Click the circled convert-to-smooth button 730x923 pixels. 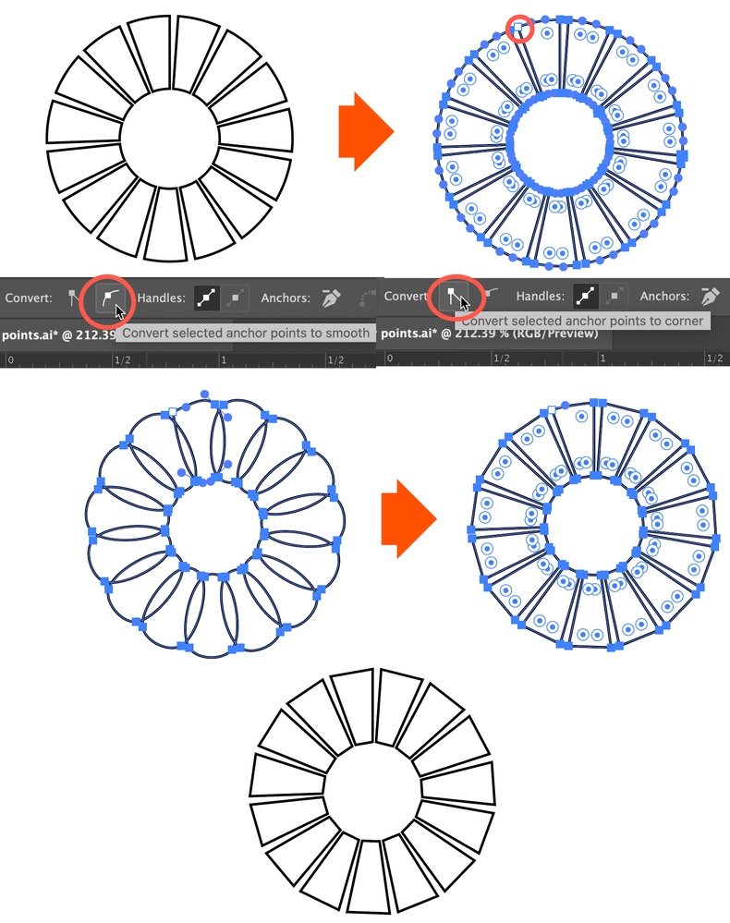108,298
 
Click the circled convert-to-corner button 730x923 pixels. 452,296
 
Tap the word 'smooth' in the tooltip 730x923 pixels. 347,334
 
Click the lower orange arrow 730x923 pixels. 408,518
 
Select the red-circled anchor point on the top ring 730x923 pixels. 518,28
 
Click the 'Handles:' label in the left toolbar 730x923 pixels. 162,298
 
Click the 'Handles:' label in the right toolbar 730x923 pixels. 541,296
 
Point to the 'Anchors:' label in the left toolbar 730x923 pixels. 286,298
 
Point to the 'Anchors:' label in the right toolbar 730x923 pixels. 664,296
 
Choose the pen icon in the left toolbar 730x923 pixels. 332,298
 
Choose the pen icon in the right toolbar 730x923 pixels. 711,296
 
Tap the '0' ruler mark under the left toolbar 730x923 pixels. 10,359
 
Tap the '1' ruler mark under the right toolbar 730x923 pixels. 602,358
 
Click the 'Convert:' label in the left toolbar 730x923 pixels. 29,298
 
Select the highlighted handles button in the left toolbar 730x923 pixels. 207,298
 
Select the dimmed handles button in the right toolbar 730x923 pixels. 614,296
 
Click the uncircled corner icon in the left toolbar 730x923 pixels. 73,298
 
